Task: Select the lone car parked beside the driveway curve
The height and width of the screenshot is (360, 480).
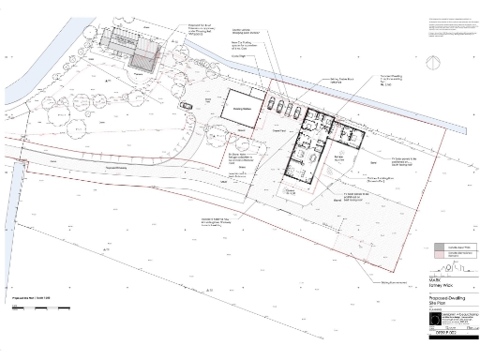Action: (185, 106)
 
